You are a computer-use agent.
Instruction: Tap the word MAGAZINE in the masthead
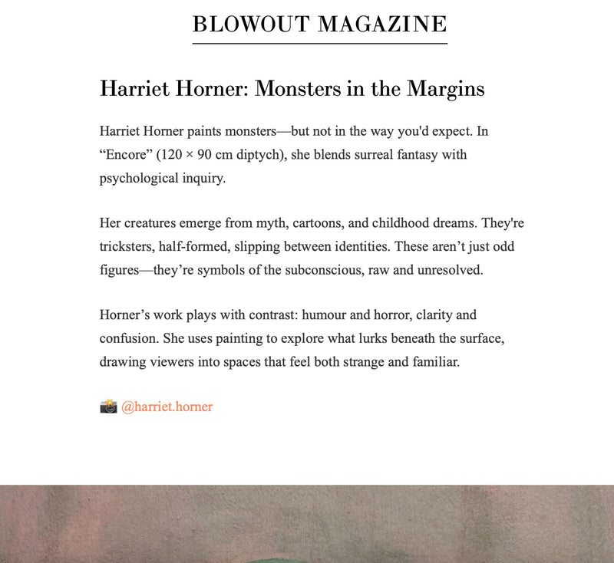coord(382,25)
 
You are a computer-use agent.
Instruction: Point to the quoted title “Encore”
coord(126,154)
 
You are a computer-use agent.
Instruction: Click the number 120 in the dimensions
coord(176,154)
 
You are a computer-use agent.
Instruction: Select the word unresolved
coord(453,270)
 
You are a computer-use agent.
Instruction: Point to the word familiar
coord(433,361)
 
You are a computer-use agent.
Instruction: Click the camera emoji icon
coord(108,407)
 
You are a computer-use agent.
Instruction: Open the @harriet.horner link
coord(167,407)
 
